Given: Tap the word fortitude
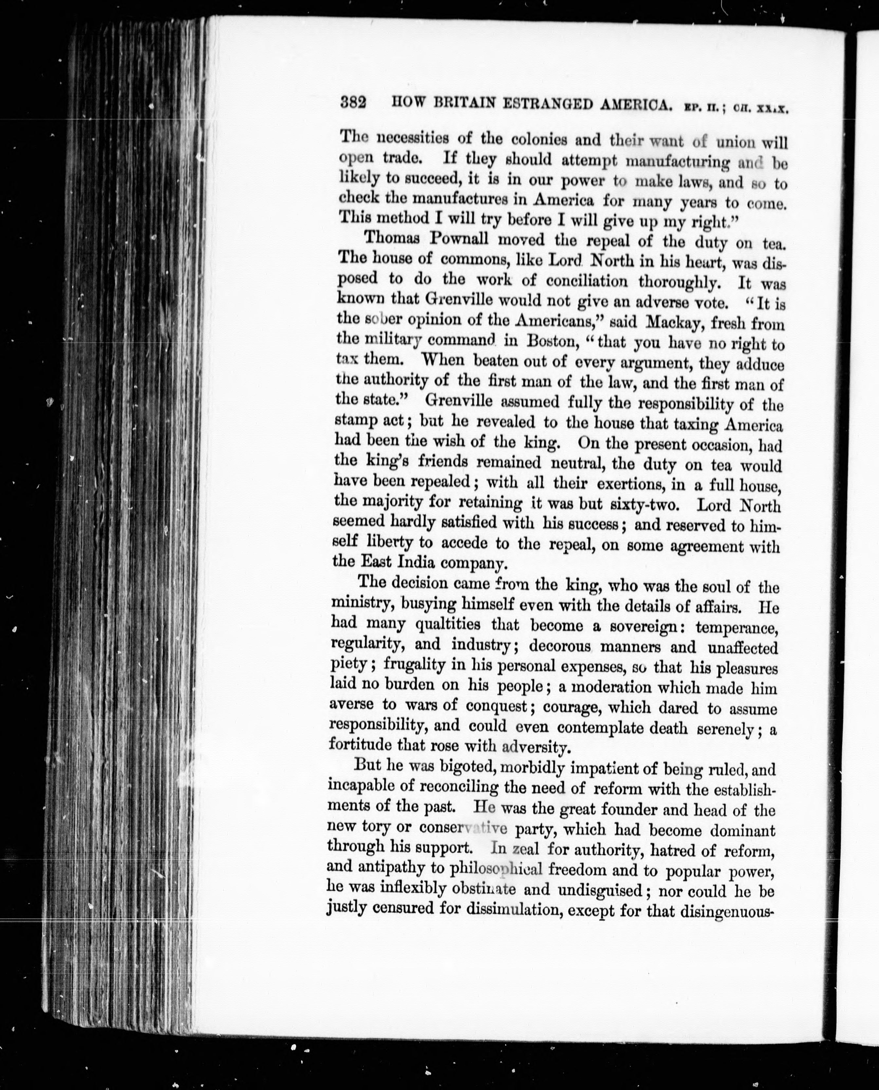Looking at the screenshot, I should click(360, 745).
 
